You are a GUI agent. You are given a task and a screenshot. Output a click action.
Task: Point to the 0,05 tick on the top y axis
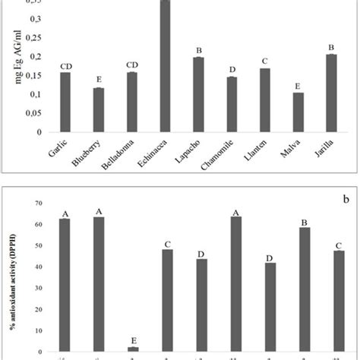tap(36, 113)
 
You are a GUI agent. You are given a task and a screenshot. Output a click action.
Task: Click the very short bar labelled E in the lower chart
tap(131, 348)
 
